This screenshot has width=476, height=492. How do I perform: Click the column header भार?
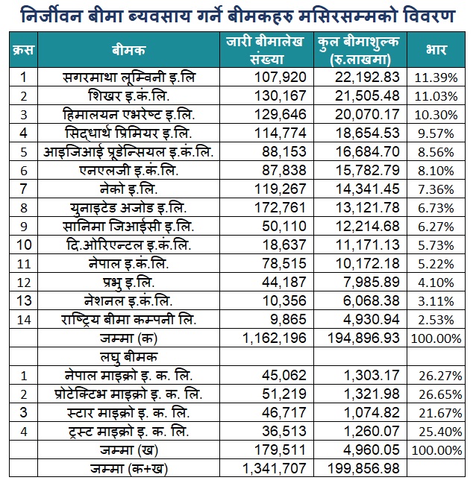[x=436, y=50]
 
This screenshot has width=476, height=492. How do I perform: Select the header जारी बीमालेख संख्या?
[x=265, y=50]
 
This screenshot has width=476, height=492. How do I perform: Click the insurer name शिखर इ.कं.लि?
[x=128, y=95]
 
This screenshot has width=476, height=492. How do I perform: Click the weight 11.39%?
[x=436, y=78]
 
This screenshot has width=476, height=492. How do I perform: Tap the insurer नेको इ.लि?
[x=128, y=189]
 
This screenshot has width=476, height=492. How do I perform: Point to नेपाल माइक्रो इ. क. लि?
[x=128, y=376]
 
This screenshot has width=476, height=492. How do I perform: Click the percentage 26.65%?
[x=436, y=394]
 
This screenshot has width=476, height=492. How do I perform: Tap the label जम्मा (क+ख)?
[x=128, y=468]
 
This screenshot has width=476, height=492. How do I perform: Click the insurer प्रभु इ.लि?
[x=128, y=282]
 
